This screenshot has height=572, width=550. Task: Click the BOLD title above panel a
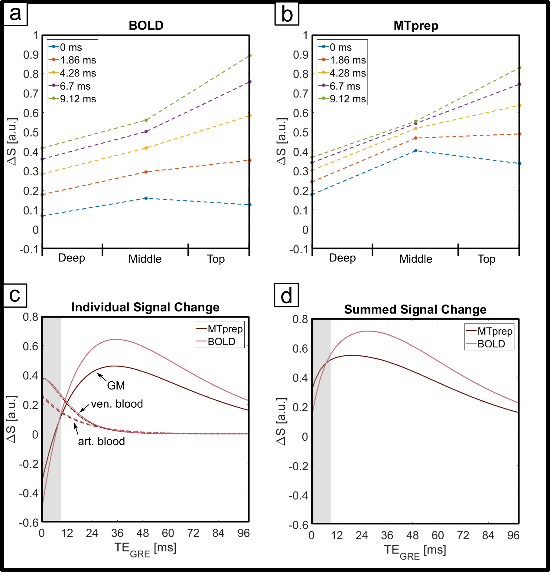point(146,25)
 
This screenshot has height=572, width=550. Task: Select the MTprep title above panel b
point(416,26)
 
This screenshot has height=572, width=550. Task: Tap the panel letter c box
point(15,295)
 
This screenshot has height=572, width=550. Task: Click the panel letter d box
point(286,295)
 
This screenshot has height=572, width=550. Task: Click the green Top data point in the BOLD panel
point(250,56)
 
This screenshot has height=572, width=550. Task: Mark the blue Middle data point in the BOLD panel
point(146,198)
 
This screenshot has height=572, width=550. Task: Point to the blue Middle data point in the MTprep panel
point(416,151)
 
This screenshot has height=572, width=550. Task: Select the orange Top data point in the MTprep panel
point(519,134)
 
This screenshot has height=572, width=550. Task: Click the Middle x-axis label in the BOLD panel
point(145,259)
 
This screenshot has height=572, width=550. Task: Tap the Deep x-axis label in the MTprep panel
point(342,258)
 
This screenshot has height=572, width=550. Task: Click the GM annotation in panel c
point(116,386)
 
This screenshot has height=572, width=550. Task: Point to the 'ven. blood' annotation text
point(117,404)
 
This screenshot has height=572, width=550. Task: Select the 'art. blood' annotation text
point(101,442)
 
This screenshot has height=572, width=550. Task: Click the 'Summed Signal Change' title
point(415,310)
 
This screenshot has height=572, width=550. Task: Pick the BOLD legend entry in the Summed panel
point(491,344)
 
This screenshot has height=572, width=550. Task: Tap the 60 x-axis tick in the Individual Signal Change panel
point(168,533)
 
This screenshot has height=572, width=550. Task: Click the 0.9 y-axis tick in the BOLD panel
point(31,55)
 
